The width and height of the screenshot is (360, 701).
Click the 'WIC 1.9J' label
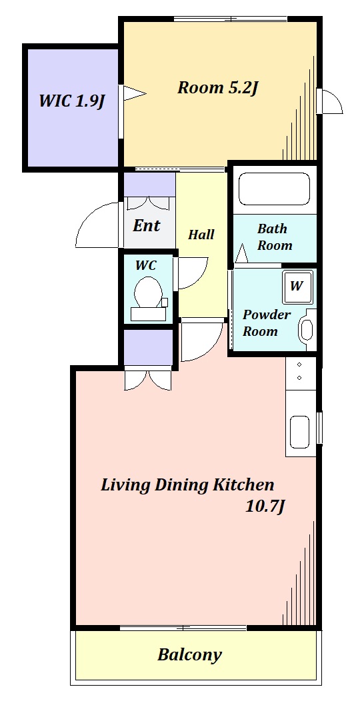[71, 101]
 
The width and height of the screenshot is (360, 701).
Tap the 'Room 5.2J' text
[218, 88]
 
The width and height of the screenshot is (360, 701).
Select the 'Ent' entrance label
[146, 225]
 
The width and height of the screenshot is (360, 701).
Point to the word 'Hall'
[201, 235]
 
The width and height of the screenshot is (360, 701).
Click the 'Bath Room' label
[274, 237]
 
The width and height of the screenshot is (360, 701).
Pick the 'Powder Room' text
[266, 323]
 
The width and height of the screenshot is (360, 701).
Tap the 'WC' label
[146, 265]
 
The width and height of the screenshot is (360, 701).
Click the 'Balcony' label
[189, 655]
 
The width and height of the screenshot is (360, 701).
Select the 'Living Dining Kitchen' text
[187, 484]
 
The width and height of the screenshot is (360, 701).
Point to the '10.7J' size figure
[265, 506]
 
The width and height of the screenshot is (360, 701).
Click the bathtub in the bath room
[274, 189]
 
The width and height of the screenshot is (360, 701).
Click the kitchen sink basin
[299, 432]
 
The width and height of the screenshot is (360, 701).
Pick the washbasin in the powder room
[307, 330]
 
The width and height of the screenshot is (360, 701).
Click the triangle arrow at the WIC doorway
[135, 93]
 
